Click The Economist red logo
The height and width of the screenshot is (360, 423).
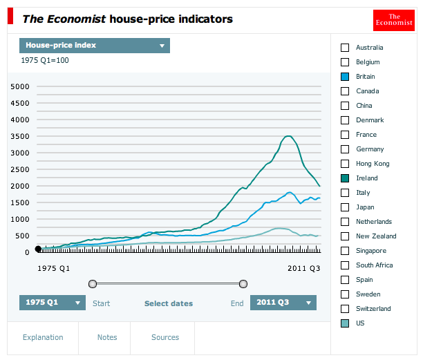[393, 20]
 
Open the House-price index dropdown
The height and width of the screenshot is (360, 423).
[95, 46]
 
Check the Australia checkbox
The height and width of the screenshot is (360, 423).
[345, 48]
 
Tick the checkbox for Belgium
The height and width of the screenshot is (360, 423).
[345, 62]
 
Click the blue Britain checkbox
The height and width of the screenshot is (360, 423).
[345, 77]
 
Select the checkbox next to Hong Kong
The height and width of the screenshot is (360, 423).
[345, 164]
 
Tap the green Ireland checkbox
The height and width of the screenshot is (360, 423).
[345, 178]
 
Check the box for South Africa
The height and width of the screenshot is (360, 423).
[345, 265]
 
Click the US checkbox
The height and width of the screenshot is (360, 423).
[345, 323]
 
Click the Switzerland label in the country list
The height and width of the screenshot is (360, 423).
[373, 309]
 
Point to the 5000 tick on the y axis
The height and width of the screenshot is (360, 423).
[19, 86]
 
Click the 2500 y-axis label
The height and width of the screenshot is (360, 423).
[19, 169]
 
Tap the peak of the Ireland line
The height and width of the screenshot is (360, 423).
[288, 136]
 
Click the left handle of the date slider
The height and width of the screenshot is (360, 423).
[93, 283]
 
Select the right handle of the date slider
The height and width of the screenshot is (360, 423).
[243, 283]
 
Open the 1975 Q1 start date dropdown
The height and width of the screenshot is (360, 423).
[53, 303]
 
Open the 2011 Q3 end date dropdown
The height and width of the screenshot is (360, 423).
[283, 303]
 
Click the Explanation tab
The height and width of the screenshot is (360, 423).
[43, 337]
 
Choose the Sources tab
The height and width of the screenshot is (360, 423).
[165, 337]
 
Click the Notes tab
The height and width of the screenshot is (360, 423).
[107, 337]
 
